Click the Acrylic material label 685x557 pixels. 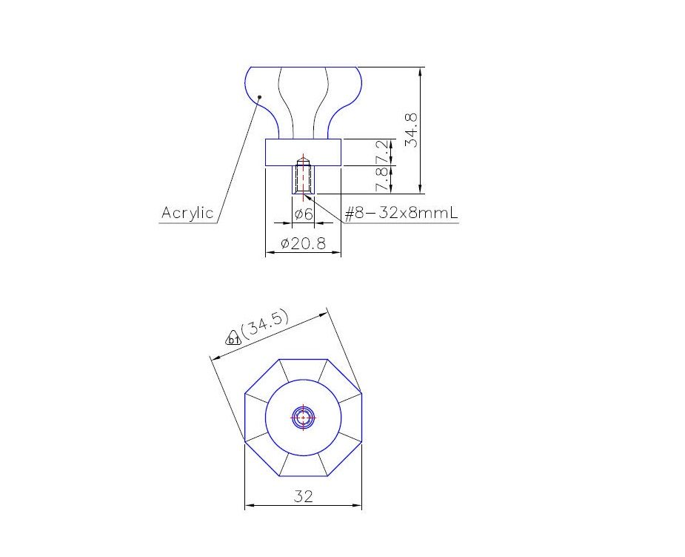pos(187,213)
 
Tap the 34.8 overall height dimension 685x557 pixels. pos(411,130)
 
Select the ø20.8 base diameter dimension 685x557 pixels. pos(303,243)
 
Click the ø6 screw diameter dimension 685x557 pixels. pos(304,214)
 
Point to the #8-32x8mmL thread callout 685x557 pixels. pos(401,213)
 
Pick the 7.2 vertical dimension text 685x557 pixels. pos(382,151)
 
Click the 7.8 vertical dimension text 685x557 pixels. pos(382,179)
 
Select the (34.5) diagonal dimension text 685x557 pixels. pos(264,324)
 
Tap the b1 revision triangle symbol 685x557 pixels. pos(233,339)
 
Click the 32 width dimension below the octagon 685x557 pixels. pos(303,496)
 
